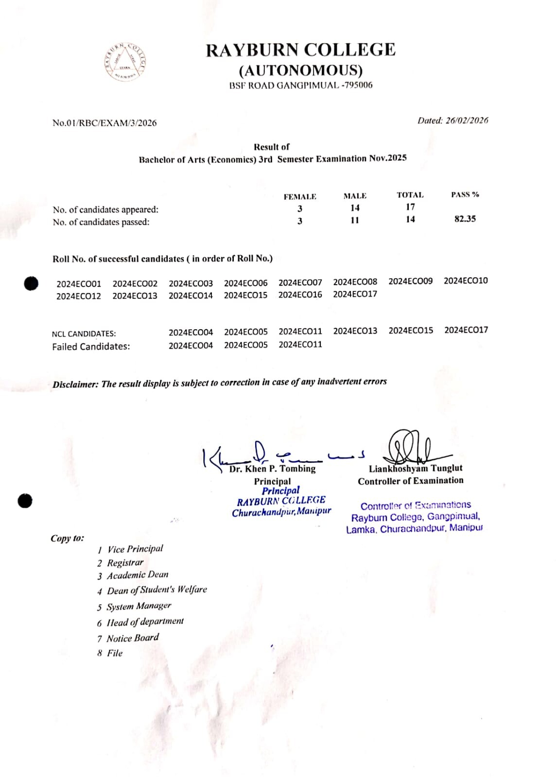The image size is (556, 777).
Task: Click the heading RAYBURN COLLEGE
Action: point(300,50)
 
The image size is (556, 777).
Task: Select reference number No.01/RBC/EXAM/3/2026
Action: point(104,123)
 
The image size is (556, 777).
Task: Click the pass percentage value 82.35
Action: point(465,219)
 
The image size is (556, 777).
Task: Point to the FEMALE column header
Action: point(300,197)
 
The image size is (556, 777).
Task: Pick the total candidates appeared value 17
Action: point(410,207)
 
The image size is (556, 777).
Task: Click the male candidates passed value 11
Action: point(355,220)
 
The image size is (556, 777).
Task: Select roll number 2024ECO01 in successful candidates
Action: point(79,284)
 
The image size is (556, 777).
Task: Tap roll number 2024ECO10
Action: point(466,281)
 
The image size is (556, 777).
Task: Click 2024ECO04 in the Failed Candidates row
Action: point(191,345)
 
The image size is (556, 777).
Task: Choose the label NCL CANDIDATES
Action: point(84,334)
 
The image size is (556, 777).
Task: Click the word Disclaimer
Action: point(75,384)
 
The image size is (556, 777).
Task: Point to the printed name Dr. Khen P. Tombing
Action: point(272,469)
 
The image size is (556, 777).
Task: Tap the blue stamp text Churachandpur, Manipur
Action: point(281,512)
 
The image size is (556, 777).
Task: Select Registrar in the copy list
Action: point(125,562)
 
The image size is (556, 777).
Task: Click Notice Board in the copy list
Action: point(132,638)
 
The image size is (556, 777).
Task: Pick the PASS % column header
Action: point(465,195)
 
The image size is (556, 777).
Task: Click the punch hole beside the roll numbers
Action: point(31,283)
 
